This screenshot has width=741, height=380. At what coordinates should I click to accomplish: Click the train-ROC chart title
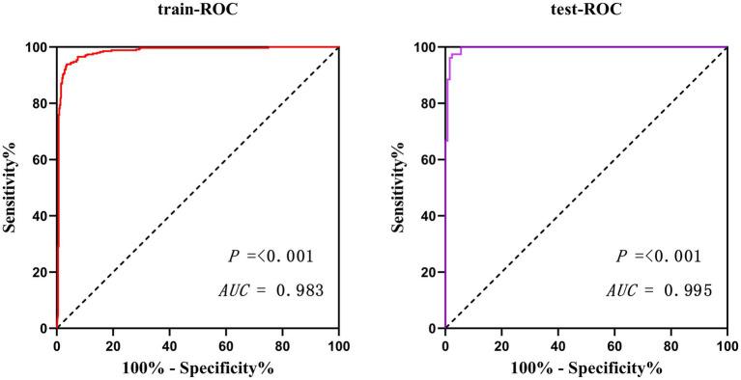click(x=196, y=13)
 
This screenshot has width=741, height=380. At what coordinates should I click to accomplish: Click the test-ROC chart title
click(x=584, y=13)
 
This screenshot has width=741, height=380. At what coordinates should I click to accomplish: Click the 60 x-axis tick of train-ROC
click(x=226, y=344)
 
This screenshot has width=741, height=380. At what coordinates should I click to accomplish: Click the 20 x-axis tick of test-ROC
click(x=501, y=344)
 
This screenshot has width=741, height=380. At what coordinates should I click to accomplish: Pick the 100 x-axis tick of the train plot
click(x=339, y=344)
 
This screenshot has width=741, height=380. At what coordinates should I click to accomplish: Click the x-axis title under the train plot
click(x=197, y=367)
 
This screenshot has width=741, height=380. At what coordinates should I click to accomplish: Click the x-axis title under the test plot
click(x=585, y=367)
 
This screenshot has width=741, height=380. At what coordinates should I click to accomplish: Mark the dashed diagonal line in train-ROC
click(x=198, y=187)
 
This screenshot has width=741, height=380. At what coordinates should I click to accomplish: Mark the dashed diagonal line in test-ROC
click(x=586, y=187)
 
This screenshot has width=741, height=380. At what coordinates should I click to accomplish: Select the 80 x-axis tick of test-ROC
click(x=670, y=344)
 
